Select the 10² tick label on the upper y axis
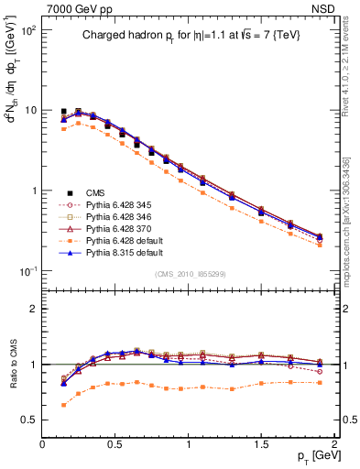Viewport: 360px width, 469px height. point(29,29)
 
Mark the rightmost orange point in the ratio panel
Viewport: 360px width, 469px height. point(320,382)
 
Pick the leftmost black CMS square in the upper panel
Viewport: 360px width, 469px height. point(63,111)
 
